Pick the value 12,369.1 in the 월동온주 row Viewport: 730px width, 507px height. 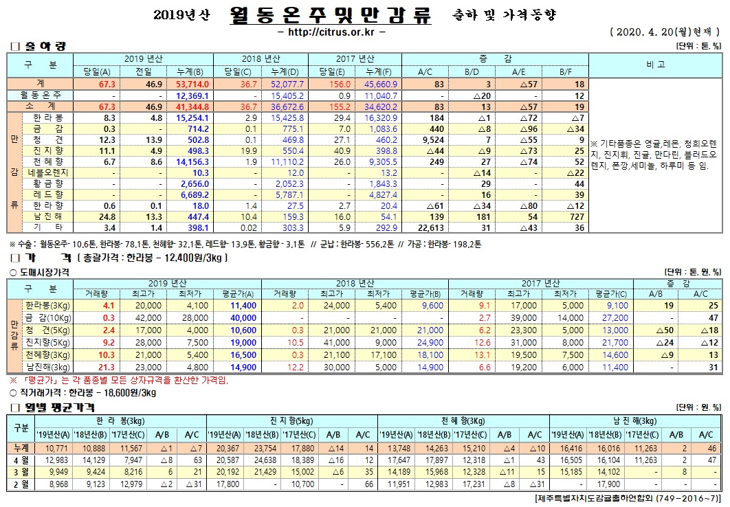click(x=192, y=95)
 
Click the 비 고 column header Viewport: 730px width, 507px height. click(x=654, y=65)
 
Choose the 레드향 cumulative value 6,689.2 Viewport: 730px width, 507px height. click(x=192, y=194)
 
